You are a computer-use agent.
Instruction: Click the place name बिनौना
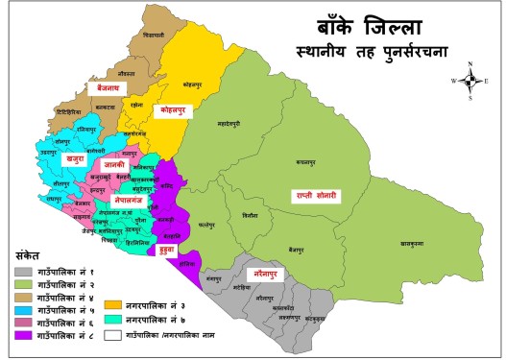tap(252, 215)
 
